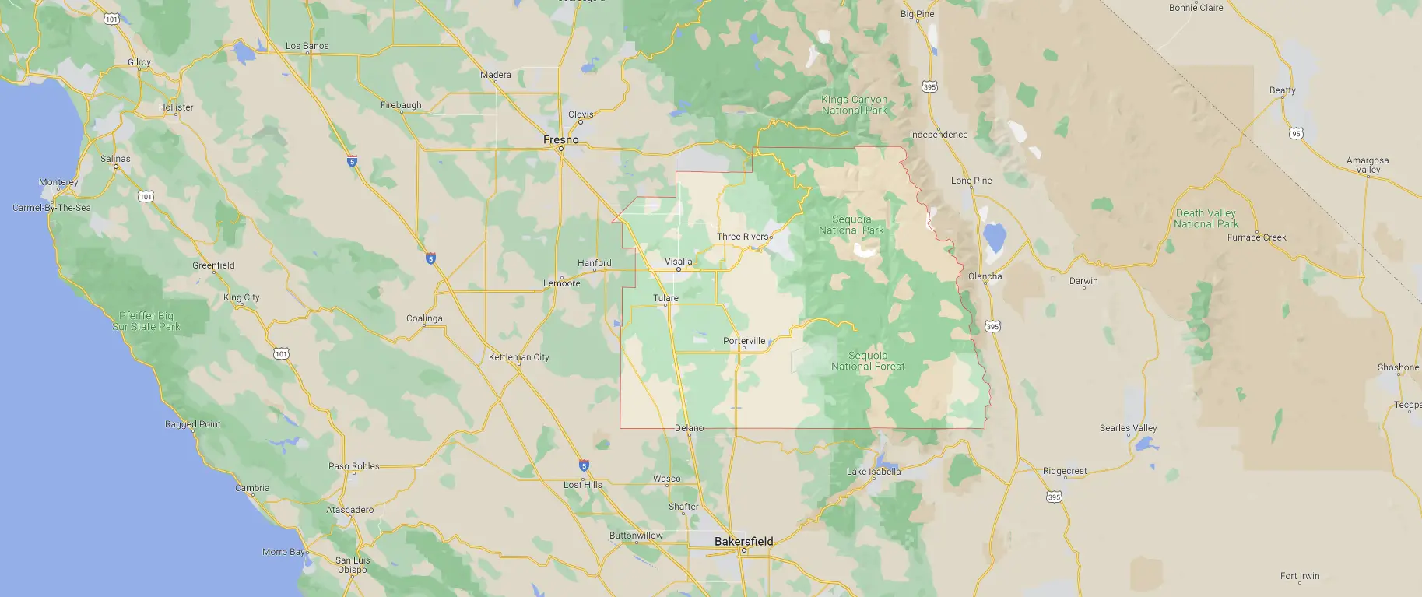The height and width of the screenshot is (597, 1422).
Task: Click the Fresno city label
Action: [x=560, y=139]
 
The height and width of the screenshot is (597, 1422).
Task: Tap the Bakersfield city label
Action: [x=743, y=541]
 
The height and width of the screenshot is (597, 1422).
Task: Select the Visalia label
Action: [x=678, y=262]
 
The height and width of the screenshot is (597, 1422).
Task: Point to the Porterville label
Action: [x=744, y=341]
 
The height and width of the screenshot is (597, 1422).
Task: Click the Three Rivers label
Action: [x=743, y=237]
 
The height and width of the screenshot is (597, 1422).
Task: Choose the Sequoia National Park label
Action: [x=851, y=225]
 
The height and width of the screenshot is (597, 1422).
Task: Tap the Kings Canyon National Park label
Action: [x=854, y=105]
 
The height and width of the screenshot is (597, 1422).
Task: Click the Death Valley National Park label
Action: [x=1206, y=219]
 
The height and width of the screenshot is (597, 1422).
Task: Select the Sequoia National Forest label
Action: [x=868, y=361]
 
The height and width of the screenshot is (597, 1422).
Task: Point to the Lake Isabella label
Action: [x=873, y=472]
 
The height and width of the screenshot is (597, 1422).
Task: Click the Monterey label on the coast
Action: [x=58, y=182]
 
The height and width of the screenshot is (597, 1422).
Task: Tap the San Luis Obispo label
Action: [x=353, y=565]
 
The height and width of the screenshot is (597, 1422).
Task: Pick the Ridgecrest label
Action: [x=1065, y=471]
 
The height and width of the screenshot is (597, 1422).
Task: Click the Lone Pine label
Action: [x=971, y=181]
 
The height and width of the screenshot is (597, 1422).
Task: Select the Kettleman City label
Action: [x=518, y=357]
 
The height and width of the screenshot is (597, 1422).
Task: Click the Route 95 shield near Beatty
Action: [x=1296, y=134]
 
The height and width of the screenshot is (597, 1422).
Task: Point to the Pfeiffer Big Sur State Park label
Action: [x=146, y=321]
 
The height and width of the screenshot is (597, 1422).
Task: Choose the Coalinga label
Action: [x=424, y=318]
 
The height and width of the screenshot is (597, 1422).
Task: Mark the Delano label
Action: [x=689, y=428]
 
